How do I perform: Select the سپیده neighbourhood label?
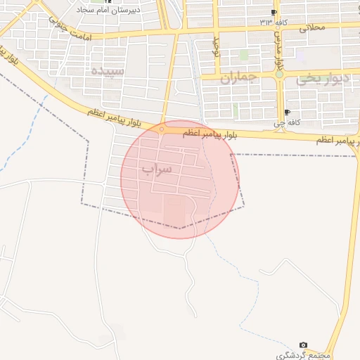108,71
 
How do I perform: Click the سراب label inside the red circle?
157,169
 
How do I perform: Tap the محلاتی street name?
313,28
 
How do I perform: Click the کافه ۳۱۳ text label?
275,22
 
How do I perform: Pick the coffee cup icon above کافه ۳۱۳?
274,13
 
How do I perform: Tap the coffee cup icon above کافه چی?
287,112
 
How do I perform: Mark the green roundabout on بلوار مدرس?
279,73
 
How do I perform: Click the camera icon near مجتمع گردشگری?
303,345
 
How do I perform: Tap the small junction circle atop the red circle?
162,129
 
